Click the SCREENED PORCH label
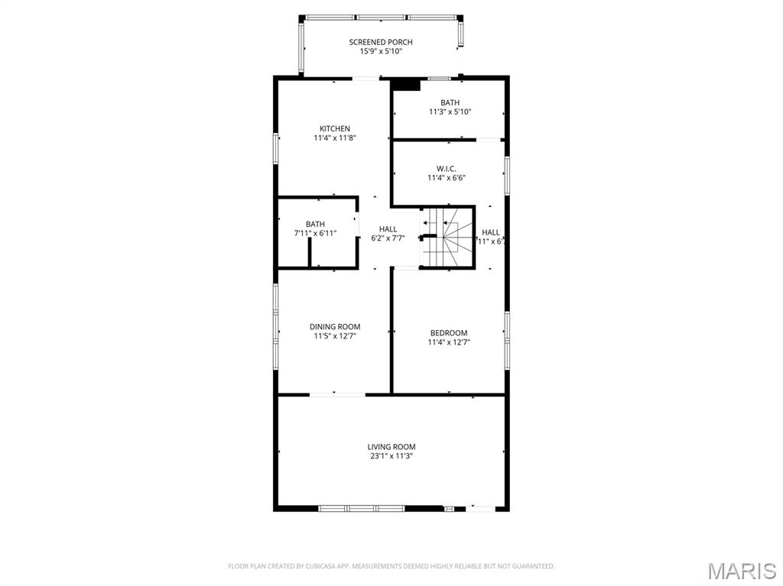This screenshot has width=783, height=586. pyautogui.click(x=381, y=42)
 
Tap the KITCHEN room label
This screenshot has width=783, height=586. pyautogui.click(x=335, y=128)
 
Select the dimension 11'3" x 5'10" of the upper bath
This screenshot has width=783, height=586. pyautogui.click(x=450, y=112)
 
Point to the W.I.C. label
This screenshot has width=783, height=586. pyautogui.click(x=447, y=168)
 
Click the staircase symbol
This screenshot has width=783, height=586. pyautogui.click(x=448, y=237)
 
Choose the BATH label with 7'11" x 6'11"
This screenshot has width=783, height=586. pyautogui.click(x=315, y=224)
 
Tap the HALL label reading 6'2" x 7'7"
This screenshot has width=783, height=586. pyautogui.click(x=388, y=229)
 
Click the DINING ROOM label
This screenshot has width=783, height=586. pyautogui.click(x=335, y=326)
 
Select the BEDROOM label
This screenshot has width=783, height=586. pyautogui.click(x=449, y=332)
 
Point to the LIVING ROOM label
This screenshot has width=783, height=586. pyautogui.click(x=391, y=447)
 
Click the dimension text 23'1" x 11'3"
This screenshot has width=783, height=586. pyautogui.click(x=391, y=456)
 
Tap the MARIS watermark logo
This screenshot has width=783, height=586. pyautogui.click(x=741, y=571)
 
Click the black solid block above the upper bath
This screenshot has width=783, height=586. pyautogui.click(x=406, y=85)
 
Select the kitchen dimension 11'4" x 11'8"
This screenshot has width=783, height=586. pyautogui.click(x=335, y=138)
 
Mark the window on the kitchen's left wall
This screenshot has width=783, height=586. pyautogui.click(x=275, y=148)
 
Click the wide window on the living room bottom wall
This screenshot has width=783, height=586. pyautogui.click(x=362, y=508)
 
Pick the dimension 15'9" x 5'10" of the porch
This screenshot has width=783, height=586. pyautogui.click(x=381, y=52)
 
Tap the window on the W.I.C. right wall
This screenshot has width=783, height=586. pyautogui.click(x=506, y=176)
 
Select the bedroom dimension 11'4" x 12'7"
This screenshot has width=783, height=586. pyautogui.click(x=449, y=342)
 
